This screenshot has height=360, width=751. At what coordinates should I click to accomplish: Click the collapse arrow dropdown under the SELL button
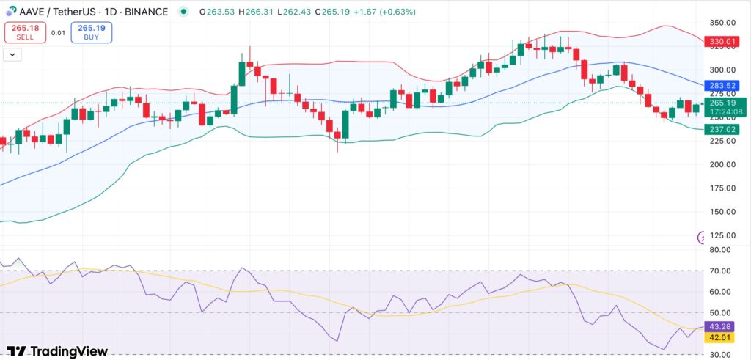[x=13, y=54]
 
